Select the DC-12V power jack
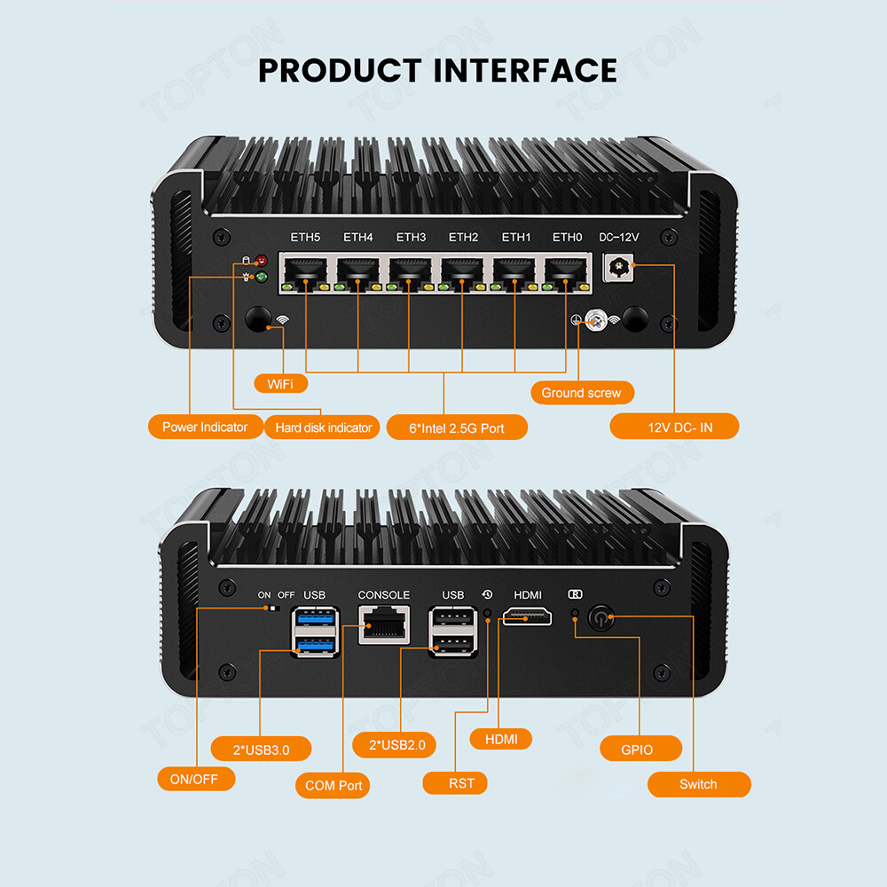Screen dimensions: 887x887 tap(617, 267)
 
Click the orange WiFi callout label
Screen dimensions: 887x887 tap(281, 383)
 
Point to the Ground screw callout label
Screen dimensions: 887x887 tap(581, 392)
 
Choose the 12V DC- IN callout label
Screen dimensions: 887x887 tap(674, 428)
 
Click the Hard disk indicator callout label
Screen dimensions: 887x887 tap(323, 428)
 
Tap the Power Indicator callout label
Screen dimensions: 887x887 tap(205, 427)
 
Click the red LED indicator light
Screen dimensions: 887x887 tap(261, 261)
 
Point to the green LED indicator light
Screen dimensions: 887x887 tap(261, 277)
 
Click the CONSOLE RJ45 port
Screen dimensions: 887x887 tap(384, 624)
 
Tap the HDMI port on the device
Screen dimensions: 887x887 tap(528, 616)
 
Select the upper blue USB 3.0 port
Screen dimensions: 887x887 tap(315, 616)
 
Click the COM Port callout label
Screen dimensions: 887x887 tap(333, 785)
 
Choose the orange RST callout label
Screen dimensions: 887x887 tap(461, 782)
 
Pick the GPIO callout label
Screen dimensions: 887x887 tap(638, 749)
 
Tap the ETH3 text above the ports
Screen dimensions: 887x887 tap(411, 238)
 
